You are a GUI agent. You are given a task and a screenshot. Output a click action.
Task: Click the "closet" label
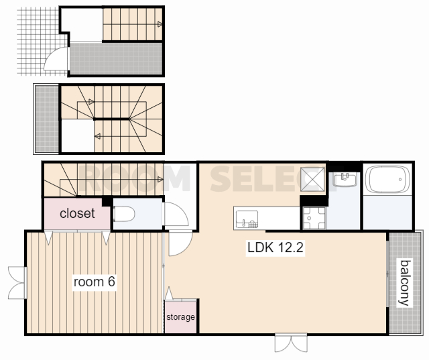[x=77, y=213]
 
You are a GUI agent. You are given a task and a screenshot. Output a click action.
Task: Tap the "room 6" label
[x=95, y=282]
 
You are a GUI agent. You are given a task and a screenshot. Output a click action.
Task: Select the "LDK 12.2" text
[x=275, y=247]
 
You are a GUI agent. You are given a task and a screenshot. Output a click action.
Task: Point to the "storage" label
[x=180, y=317]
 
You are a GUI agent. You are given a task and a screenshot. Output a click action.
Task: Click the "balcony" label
[x=405, y=283]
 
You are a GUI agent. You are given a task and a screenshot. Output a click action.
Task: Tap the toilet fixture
[x=124, y=214]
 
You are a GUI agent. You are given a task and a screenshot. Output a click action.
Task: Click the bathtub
[x=387, y=179]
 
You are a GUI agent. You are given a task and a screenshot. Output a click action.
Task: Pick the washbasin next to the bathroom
[x=345, y=180]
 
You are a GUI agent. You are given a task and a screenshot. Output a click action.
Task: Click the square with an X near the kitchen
[x=312, y=180]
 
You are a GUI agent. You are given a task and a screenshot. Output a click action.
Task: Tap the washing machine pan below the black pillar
[x=314, y=218]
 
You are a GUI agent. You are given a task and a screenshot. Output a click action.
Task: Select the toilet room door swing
[x=176, y=214]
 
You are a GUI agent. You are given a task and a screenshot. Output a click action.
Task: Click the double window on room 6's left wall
[x=17, y=283]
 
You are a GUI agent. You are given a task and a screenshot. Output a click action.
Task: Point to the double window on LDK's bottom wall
[x=291, y=342]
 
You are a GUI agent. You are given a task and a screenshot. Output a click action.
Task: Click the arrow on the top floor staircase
[x=160, y=24]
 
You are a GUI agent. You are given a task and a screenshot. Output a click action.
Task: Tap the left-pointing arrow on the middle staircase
[x=97, y=136]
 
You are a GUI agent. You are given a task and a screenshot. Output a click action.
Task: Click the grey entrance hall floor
[x=115, y=58]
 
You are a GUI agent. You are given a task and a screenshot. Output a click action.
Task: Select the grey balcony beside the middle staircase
[x=46, y=119]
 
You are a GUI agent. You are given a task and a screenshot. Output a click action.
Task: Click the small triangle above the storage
[x=169, y=293]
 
